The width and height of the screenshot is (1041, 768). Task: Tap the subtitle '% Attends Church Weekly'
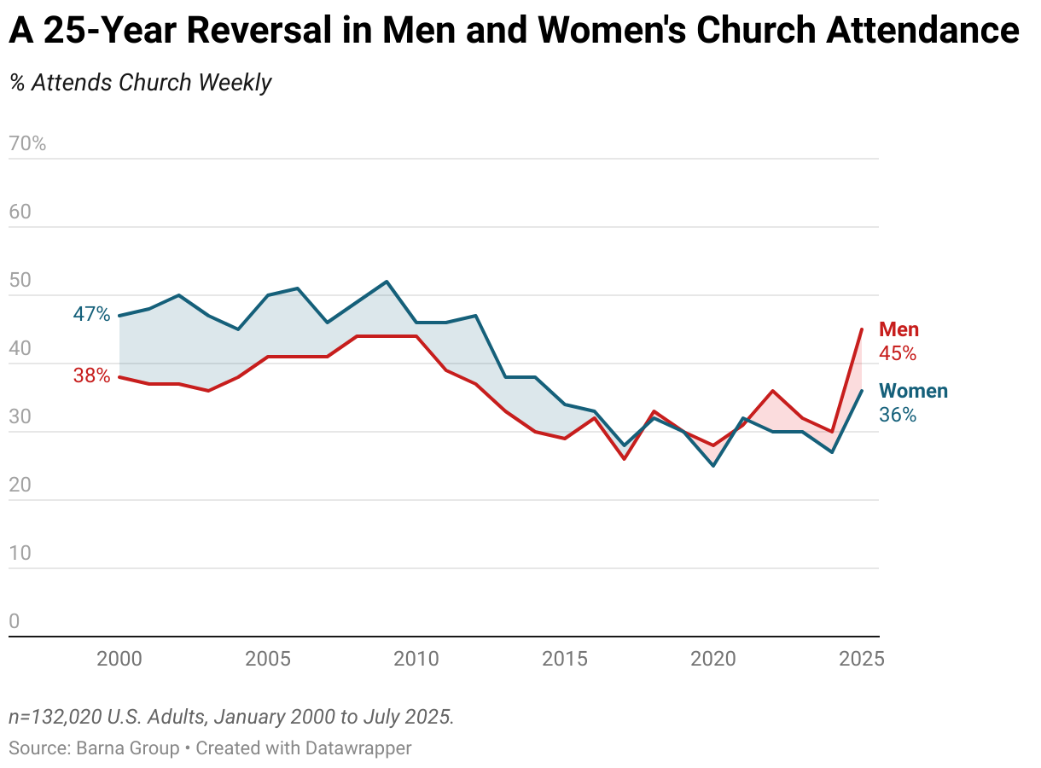click(x=140, y=83)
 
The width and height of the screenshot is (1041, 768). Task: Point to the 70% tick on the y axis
click(x=27, y=143)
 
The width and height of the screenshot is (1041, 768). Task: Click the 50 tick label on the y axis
click(x=20, y=280)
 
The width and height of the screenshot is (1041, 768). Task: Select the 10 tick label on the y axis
click(x=20, y=553)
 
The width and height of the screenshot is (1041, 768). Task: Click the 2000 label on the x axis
click(x=119, y=660)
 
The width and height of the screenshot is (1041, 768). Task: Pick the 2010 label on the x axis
click(x=416, y=660)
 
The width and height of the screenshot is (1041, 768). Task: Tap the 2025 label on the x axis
click(x=862, y=660)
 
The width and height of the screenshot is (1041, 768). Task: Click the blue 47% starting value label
click(x=91, y=314)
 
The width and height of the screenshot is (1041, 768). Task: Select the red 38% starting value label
click(x=91, y=375)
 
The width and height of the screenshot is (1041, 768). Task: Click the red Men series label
click(x=899, y=330)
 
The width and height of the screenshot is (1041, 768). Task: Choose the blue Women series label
click(x=913, y=392)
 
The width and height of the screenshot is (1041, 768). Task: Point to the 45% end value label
click(x=898, y=353)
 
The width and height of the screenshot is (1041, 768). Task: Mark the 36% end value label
click(x=898, y=416)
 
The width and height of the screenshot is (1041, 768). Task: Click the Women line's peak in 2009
click(x=387, y=282)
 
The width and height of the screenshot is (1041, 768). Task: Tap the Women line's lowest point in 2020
click(x=713, y=465)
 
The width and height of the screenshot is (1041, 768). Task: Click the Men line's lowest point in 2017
click(x=625, y=459)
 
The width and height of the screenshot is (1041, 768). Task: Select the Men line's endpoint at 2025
click(x=862, y=329)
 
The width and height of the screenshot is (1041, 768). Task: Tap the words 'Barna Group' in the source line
click(x=128, y=748)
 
